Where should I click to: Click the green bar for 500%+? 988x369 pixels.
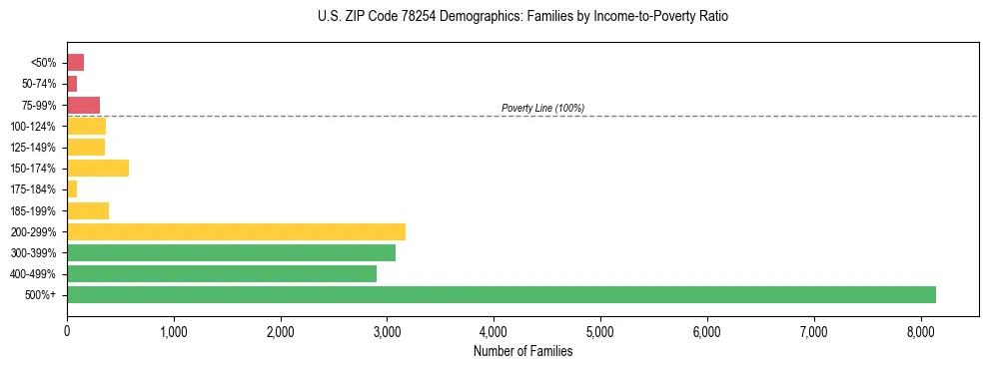pos(500,294)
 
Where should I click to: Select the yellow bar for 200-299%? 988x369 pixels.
pos(236,231)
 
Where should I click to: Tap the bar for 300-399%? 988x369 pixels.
pos(231,252)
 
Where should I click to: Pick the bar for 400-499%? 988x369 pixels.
pos(222,273)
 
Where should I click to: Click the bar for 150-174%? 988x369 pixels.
pos(98,168)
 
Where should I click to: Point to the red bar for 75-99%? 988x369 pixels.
pos(83,105)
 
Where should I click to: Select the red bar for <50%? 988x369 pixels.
pos(75,62)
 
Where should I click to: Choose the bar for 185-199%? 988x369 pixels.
pos(88,210)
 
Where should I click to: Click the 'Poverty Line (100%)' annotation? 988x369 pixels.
pos(542,108)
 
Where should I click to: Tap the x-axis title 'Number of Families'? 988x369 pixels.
pos(522,350)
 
